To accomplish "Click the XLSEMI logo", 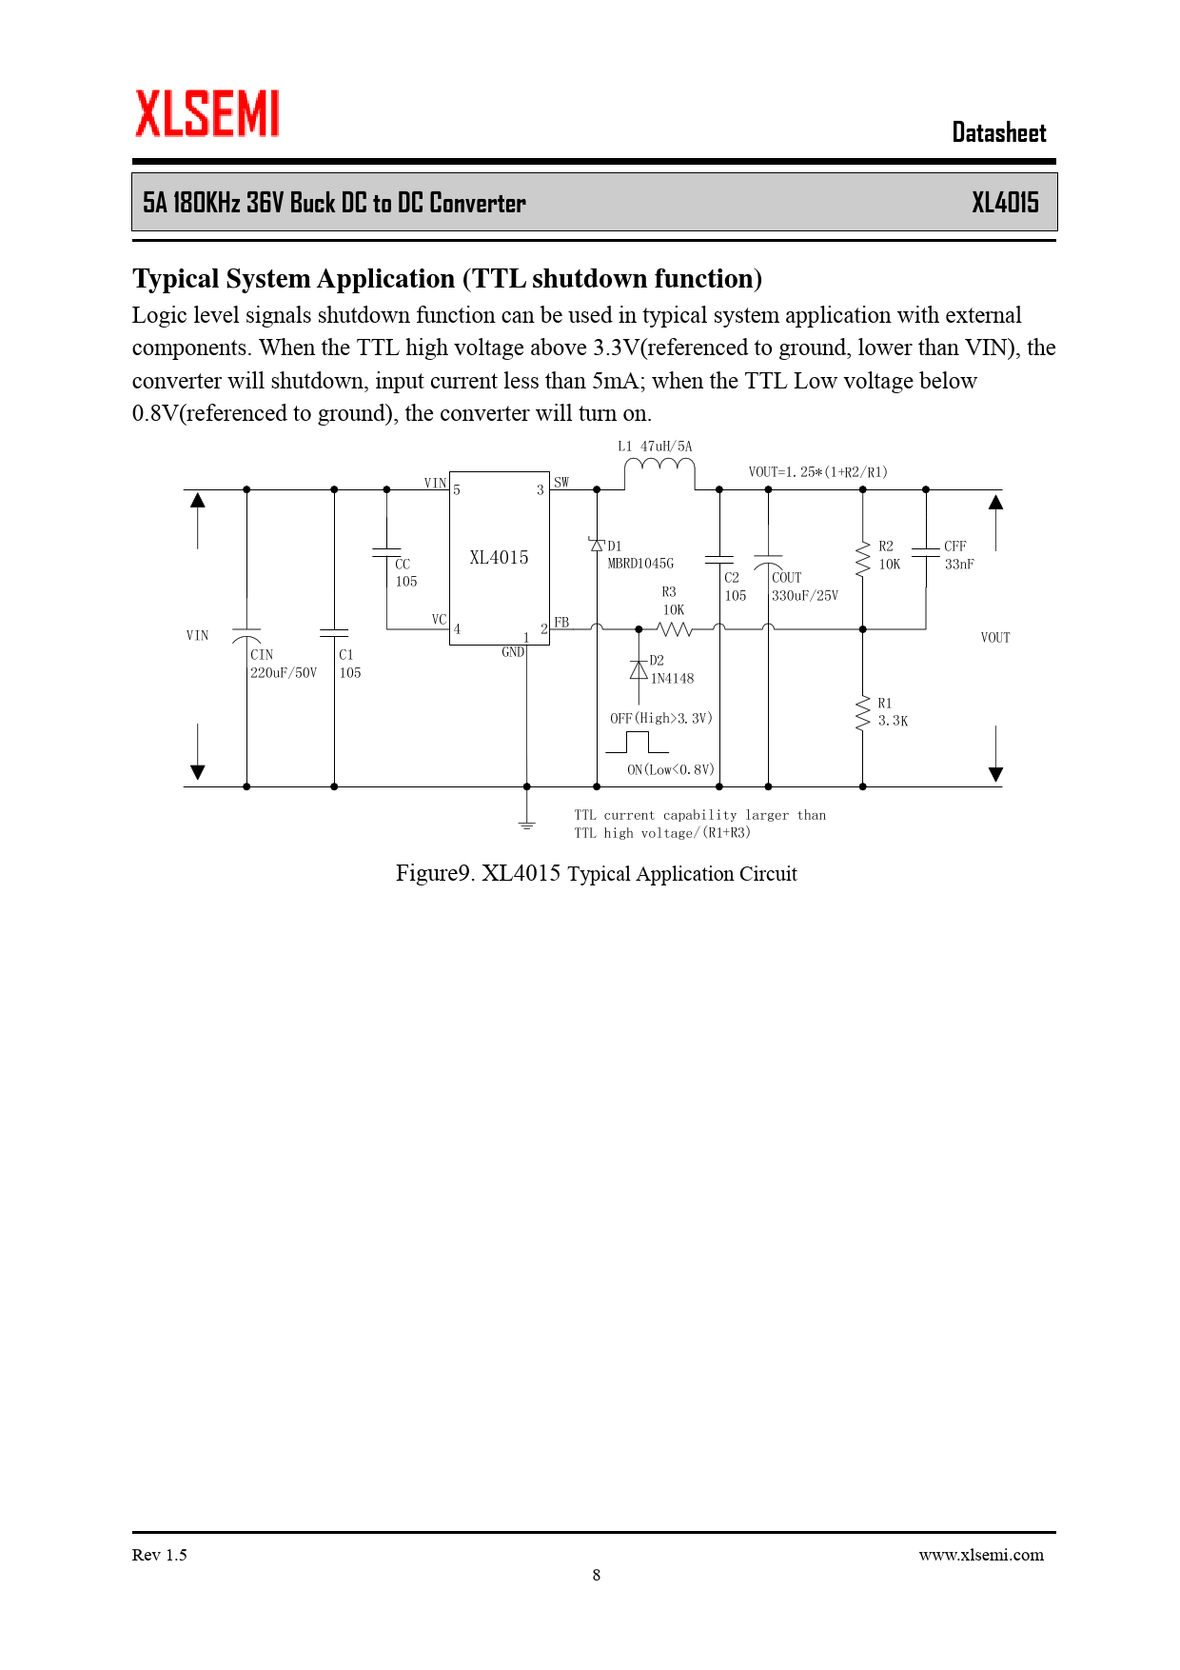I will coord(206,114).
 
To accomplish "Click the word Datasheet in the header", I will coord(998,133).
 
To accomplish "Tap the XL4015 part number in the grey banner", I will coord(1004,203).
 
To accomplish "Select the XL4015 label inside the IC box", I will coord(499,558).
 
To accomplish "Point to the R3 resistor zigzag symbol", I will coord(675,629).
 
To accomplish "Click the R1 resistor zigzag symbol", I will coord(863,713).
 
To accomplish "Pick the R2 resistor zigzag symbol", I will coord(863,559).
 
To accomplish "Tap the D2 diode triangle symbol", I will coord(639,670).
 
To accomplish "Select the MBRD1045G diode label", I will coord(640,564).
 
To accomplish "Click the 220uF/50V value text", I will coord(283,673).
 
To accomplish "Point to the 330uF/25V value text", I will coord(805,596).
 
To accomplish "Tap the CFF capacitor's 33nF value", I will coord(959,565).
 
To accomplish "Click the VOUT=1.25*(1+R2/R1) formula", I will coord(817,472).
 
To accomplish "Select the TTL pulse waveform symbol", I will coord(637,743).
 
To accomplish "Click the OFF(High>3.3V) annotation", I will coord(660,719).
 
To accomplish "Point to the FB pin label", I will coord(561,623).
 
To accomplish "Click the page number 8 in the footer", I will coord(597,1575).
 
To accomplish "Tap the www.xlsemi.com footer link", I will coord(980,1555).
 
